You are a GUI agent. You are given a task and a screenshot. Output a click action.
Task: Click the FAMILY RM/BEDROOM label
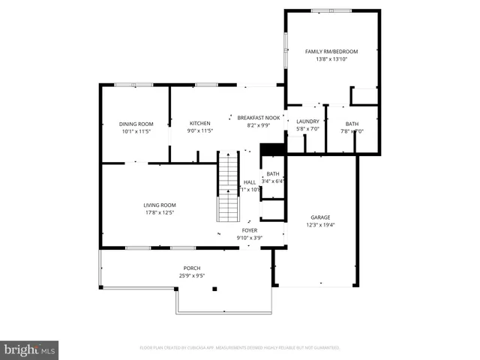point(331,52)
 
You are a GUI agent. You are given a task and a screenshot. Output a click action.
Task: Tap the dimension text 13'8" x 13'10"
point(331,59)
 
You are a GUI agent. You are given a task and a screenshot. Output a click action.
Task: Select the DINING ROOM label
point(136,124)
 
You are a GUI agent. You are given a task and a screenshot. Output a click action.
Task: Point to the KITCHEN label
point(199,123)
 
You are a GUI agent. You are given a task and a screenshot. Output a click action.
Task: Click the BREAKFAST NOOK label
point(259,118)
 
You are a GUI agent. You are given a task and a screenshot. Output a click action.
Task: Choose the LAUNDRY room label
point(307,121)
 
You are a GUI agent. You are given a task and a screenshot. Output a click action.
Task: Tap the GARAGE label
point(320,217)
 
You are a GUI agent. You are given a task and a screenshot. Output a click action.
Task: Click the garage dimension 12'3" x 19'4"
point(320,225)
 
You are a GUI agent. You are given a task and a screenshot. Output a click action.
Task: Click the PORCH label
point(192,268)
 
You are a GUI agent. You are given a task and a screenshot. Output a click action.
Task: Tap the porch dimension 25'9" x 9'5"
point(192,275)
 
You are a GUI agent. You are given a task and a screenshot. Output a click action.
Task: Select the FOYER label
point(250,230)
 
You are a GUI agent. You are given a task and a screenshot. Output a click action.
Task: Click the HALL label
point(250,182)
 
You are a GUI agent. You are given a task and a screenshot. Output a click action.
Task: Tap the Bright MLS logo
point(30,349)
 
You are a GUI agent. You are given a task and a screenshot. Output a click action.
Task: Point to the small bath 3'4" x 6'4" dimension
point(273,181)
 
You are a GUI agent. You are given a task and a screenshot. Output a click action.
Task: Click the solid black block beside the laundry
point(273,149)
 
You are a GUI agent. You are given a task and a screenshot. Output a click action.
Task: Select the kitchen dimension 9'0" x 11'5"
point(199,130)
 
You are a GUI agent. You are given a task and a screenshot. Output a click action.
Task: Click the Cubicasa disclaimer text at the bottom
point(240,348)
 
